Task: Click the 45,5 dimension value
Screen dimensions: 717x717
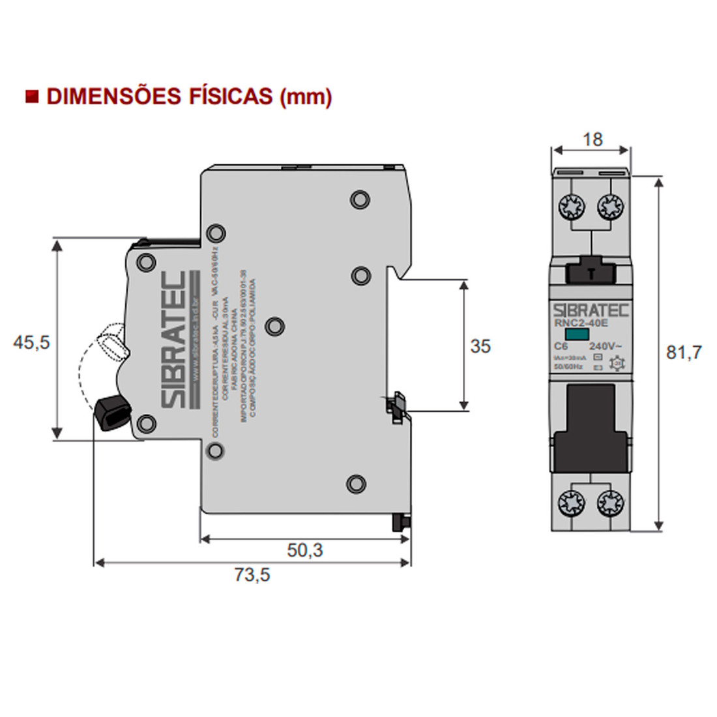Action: pyautogui.click(x=31, y=342)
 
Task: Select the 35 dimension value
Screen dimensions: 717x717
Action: pyautogui.click(x=480, y=346)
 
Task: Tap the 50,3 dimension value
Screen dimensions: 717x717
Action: pyautogui.click(x=305, y=550)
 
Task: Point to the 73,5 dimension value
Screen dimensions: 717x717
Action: pyautogui.click(x=252, y=575)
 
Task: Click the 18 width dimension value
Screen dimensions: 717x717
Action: pyautogui.click(x=592, y=139)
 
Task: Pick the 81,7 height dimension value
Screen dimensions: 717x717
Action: pyautogui.click(x=684, y=353)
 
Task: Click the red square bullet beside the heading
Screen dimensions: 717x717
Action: pyautogui.click(x=31, y=96)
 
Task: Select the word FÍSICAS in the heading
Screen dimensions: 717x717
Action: pyautogui.click(x=229, y=96)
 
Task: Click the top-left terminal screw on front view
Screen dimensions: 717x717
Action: pyautogui.click(x=571, y=209)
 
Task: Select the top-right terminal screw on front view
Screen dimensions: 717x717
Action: pyautogui.click(x=611, y=209)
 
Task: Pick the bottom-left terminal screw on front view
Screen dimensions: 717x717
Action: pyautogui.click(x=571, y=503)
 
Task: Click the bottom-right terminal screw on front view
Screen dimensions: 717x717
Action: pyautogui.click(x=611, y=503)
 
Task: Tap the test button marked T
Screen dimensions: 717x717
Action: pyautogui.click(x=591, y=272)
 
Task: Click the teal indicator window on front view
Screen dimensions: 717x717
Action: pyautogui.click(x=576, y=334)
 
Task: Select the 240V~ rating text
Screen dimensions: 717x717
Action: pyautogui.click(x=606, y=345)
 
